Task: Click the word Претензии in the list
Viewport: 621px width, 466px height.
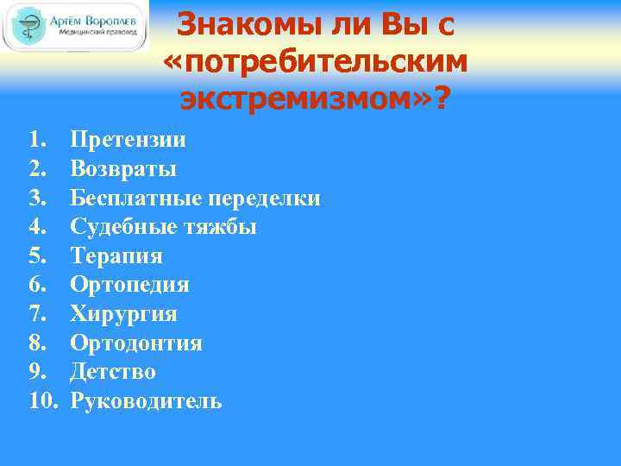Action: [129, 140]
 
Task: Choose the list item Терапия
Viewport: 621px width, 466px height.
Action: [116, 256]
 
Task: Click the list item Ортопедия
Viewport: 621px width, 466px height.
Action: [129, 285]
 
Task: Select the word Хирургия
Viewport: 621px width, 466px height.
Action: [123, 314]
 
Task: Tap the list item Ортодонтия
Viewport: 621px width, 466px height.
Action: [136, 343]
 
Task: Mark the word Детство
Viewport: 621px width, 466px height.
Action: [113, 372]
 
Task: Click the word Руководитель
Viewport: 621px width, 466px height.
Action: [146, 401]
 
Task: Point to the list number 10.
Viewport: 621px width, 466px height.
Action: [41, 401]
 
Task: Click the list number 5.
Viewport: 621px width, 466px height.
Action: [34, 256]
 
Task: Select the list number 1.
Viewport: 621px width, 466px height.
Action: [34, 140]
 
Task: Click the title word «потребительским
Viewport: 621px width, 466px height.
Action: [316, 63]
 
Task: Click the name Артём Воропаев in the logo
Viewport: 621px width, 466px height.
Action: [96, 18]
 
